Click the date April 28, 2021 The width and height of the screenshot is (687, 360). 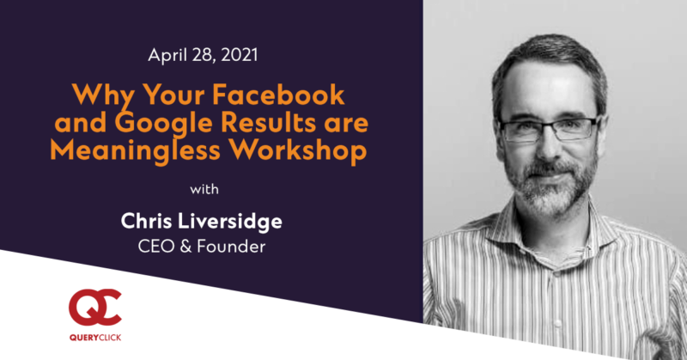[x=203, y=56]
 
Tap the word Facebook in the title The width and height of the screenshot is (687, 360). [x=278, y=95]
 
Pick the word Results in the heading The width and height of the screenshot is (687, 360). [x=269, y=123]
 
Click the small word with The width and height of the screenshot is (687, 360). [x=204, y=189]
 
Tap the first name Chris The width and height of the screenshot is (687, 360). [x=146, y=221]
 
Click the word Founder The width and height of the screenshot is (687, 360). [x=231, y=247]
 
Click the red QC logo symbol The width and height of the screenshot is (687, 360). [x=95, y=308]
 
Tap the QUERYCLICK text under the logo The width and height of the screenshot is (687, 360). [x=95, y=338]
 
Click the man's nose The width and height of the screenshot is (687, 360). [x=548, y=147]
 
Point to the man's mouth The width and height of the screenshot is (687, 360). [x=549, y=175]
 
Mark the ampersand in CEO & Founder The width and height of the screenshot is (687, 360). [x=185, y=247]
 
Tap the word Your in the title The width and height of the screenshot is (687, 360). [x=173, y=95]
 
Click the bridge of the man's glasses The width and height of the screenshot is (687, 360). [x=549, y=127]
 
